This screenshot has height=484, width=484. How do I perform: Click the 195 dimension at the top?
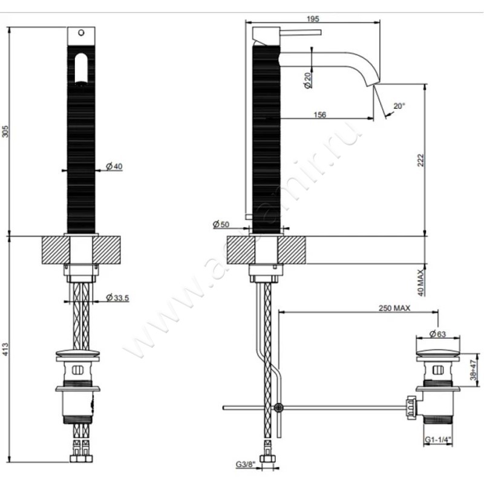pyautogui.click(x=313, y=19)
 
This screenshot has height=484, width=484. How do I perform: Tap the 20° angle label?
pyautogui.click(x=399, y=105)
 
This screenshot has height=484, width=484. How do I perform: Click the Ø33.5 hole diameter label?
pyautogui.click(x=116, y=297)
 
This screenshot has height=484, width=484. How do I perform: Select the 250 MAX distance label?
pyautogui.click(x=394, y=307)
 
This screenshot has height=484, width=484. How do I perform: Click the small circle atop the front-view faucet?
pyautogui.click(x=80, y=33)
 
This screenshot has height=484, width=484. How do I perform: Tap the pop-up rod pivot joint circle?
pyautogui.click(x=278, y=407)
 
